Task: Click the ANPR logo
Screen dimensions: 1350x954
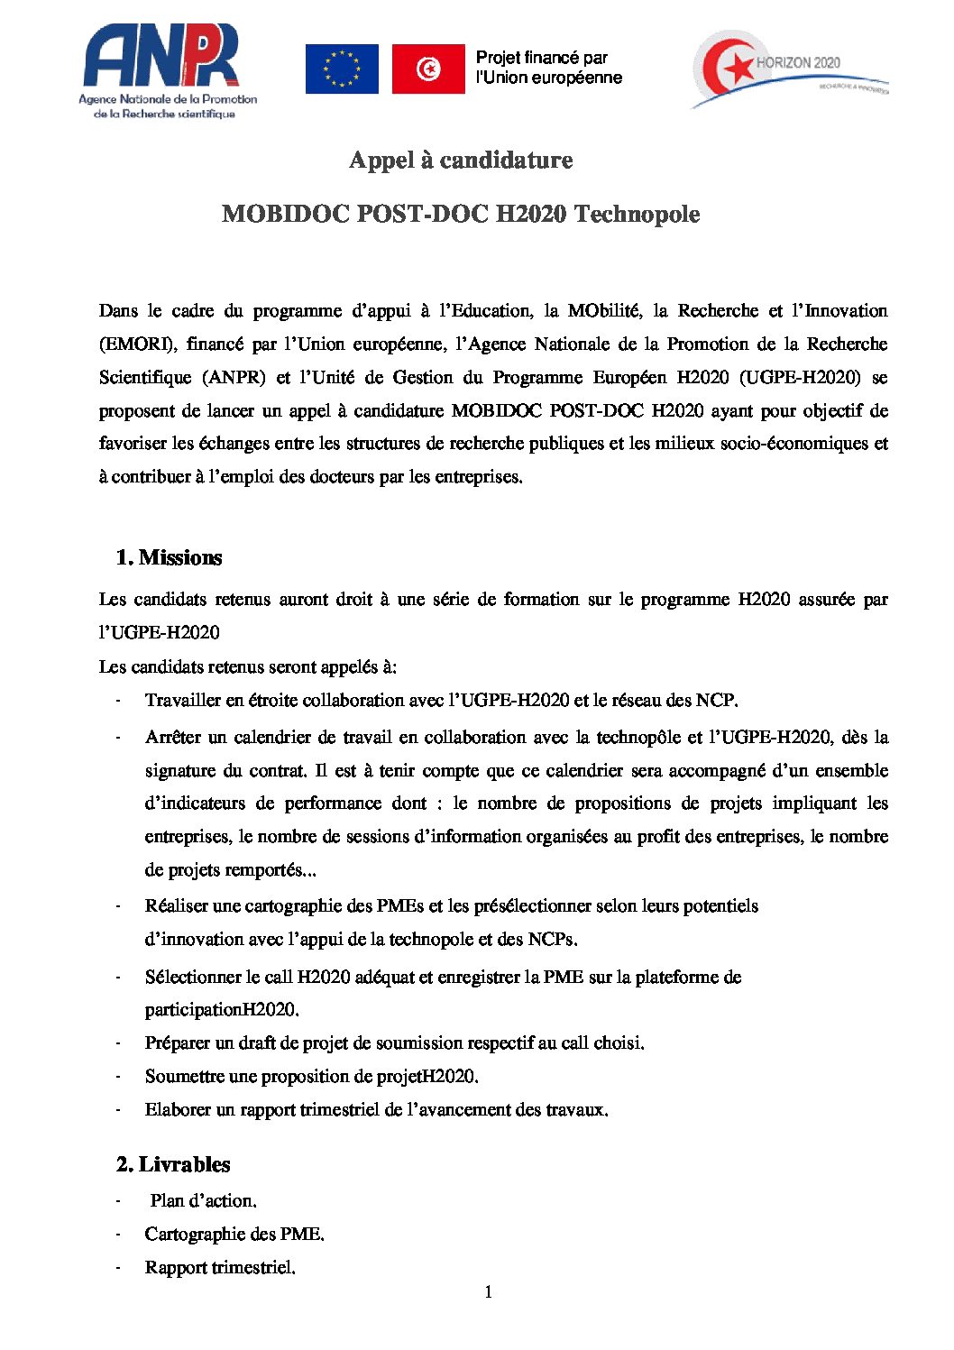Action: click(168, 72)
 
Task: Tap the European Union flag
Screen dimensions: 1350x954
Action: click(342, 69)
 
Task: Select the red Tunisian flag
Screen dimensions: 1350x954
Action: click(428, 69)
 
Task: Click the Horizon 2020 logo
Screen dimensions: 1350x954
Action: click(789, 69)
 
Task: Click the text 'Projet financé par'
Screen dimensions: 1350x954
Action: click(542, 58)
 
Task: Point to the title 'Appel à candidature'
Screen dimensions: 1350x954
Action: click(461, 161)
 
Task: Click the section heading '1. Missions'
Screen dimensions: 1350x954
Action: click(170, 558)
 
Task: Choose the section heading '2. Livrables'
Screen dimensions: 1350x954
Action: click(173, 1165)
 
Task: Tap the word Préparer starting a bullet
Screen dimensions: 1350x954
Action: click(178, 1043)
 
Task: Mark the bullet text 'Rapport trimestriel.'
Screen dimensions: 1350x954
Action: click(220, 1268)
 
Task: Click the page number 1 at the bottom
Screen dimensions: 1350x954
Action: click(488, 1292)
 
